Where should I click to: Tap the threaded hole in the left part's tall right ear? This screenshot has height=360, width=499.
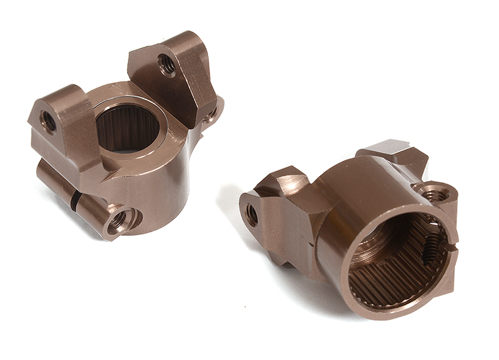coord(167,63)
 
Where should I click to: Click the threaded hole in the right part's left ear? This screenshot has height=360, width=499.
coord(252,215)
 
